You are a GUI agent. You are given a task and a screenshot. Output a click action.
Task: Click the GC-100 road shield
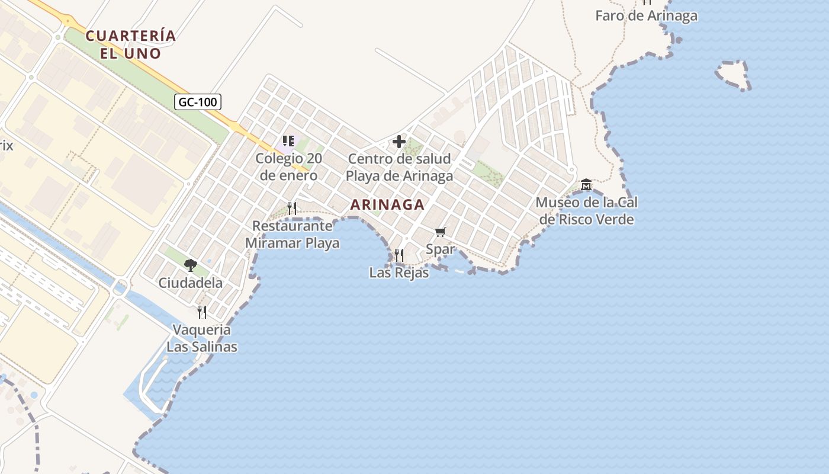[x=198, y=102]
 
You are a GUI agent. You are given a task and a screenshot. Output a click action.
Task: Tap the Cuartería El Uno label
[x=131, y=44]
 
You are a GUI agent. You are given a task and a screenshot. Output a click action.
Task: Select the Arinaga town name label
[x=387, y=205]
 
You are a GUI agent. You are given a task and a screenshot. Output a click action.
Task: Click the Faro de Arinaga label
[x=646, y=15]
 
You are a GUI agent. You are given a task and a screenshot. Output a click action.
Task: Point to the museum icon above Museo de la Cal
[x=586, y=185]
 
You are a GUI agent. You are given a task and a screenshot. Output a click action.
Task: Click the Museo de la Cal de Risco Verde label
[x=586, y=211]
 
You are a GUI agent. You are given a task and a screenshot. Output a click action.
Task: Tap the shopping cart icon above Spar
[x=440, y=232]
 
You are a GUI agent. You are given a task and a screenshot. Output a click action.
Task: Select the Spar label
[x=440, y=249]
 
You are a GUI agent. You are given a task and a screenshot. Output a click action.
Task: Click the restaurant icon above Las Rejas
[x=399, y=255]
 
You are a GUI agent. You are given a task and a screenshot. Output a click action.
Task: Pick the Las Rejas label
[x=399, y=273]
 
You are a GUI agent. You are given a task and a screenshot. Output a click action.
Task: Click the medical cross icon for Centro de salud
[x=399, y=142]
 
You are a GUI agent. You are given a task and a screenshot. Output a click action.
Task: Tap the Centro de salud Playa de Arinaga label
[x=399, y=167]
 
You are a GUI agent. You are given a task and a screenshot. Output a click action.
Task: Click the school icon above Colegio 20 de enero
[x=288, y=141]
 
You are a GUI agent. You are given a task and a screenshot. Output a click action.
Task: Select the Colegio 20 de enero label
[x=289, y=167]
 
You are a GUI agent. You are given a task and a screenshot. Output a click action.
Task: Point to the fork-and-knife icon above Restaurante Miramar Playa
[x=292, y=208]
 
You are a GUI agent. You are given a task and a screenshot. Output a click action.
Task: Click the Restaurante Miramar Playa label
[x=292, y=235]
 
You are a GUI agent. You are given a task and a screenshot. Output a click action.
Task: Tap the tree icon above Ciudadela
[x=191, y=265]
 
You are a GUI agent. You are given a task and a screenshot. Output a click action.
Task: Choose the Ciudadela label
[x=191, y=283]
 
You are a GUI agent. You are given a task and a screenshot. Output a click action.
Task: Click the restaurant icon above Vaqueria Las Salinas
[x=202, y=312]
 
